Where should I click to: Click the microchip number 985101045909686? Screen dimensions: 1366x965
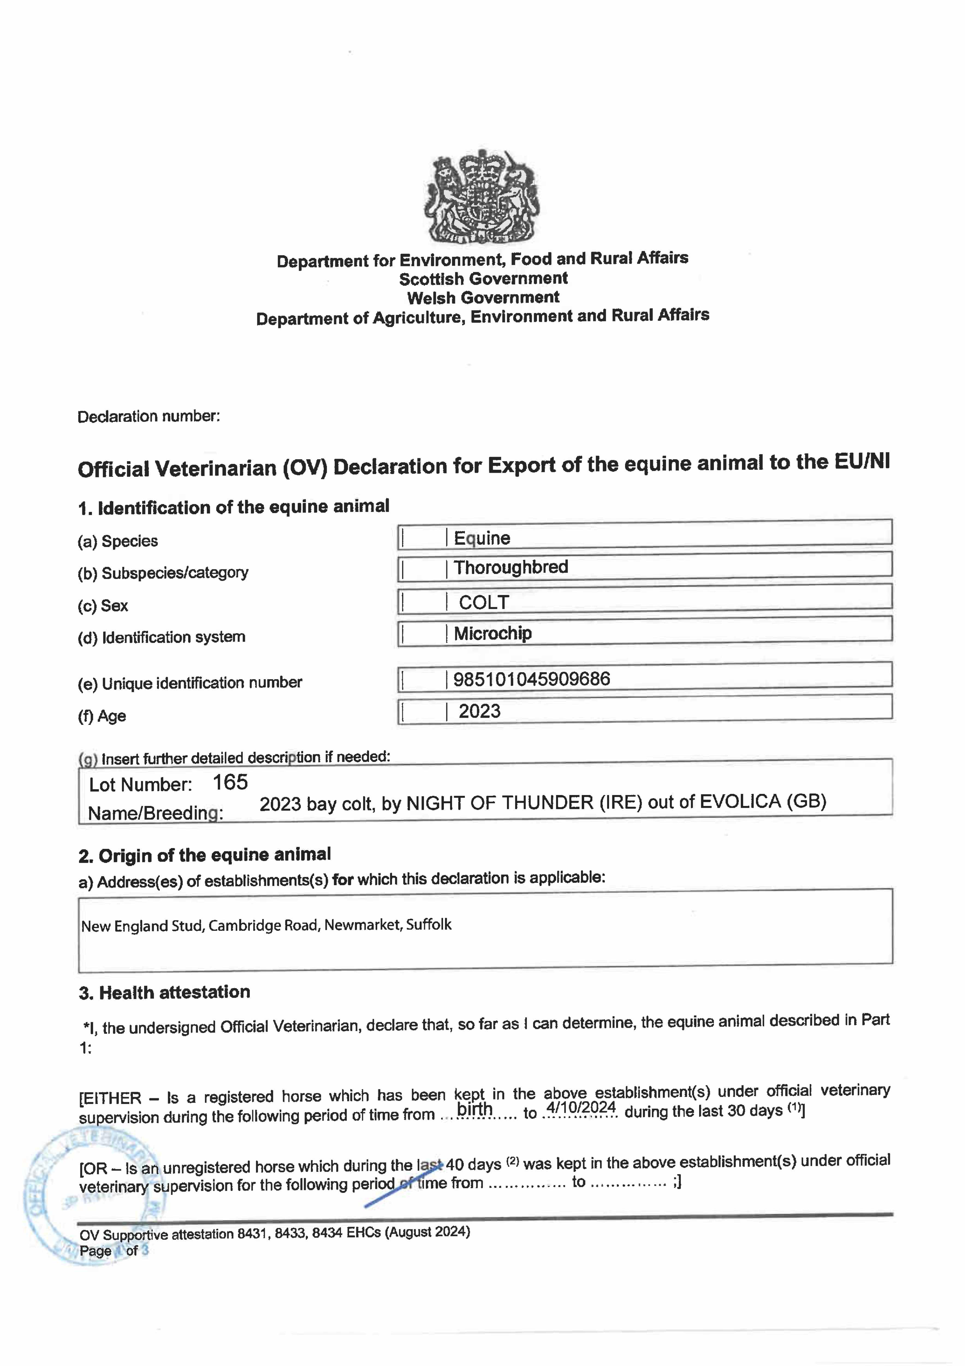click(x=532, y=679)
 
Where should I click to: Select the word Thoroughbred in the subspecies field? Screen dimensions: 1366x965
click(x=511, y=567)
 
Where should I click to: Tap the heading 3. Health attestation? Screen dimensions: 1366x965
click(x=165, y=992)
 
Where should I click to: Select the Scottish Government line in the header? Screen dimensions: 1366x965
click(x=483, y=278)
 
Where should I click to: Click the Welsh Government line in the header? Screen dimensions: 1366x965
click(x=483, y=298)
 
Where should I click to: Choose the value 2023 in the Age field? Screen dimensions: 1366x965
click(x=479, y=711)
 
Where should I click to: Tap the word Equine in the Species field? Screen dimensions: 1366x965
click(x=482, y=538)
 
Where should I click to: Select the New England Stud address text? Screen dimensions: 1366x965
click(x=266, y=925)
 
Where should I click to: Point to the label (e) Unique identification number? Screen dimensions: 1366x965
click(x=190, y=683)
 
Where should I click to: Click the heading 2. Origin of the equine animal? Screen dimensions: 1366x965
click(x=204, y=855)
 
